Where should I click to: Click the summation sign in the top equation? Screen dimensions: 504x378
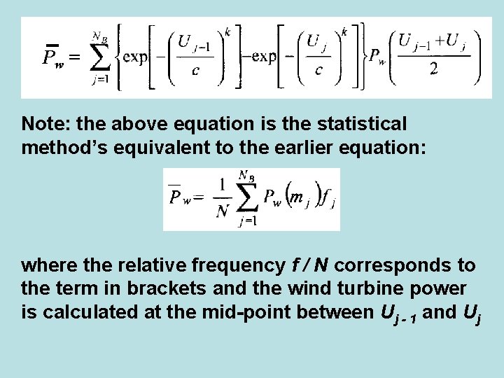101,57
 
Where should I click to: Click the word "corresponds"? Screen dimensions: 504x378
393,266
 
